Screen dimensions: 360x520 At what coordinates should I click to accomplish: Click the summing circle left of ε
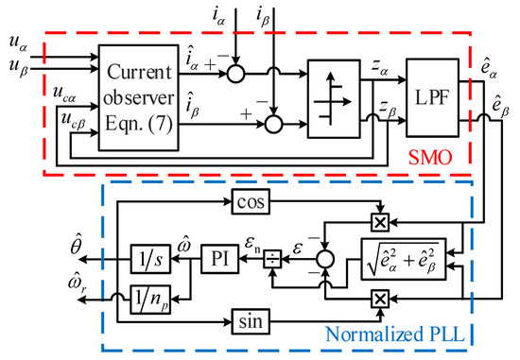324,256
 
